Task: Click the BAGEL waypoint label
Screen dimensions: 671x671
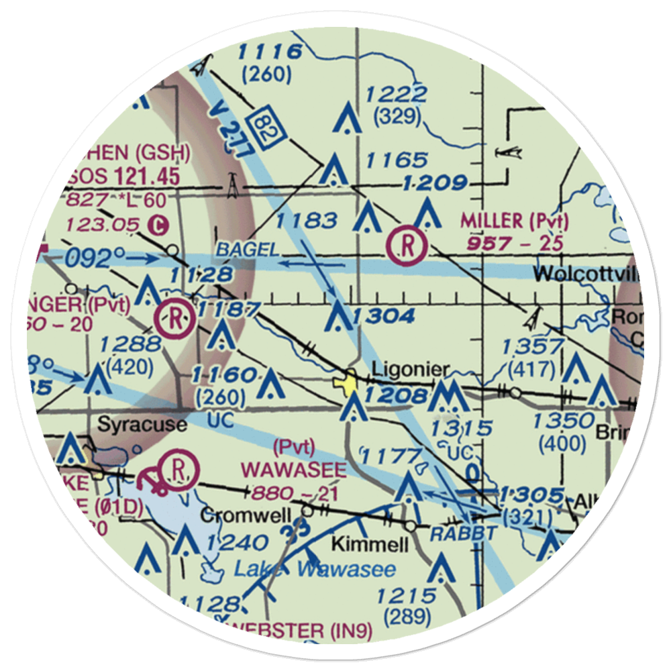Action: click(247, 250)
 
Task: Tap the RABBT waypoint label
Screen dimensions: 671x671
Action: click(464, 534)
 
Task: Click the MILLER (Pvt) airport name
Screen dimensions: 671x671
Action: click(514, 221)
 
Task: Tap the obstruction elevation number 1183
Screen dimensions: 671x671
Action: click(305, 219)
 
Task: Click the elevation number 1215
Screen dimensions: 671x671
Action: click(407, 595)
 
